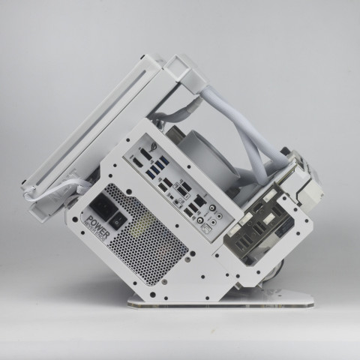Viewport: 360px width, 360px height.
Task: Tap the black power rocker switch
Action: [x=118, y=220]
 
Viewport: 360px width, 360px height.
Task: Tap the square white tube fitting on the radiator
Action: [x=178, y=67]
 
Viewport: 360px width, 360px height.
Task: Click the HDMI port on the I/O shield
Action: [x=139, y=161]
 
